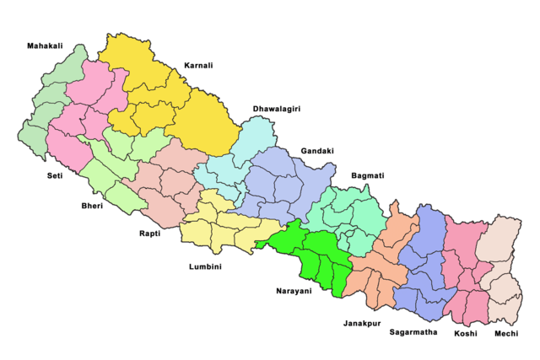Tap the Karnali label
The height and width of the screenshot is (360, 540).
pyautogui.click(x=197, y=65)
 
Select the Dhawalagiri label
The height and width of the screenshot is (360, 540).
pyautogui.click(x=277, y=110)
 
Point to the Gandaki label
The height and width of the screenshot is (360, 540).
pyautogui.click(x=317, y=151)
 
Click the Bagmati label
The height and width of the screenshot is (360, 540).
pyautogui.click(x=367, y=175)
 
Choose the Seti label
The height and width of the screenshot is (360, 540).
pyautogui.click(x=55, y=176)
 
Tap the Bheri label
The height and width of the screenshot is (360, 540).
pyautogui.click(x=92, y=205)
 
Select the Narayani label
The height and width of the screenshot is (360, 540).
pyautogui.click(x=294, y=291)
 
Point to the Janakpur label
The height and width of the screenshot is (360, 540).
pyautogui.click(x=361, y=323)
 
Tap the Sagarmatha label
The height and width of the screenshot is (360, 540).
pyautogui.click(x=413, y=332)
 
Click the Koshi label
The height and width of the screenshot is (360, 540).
pyautogui.click(x=465, y=333)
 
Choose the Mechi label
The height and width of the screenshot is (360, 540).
pyautogui.click(x=507, y=333)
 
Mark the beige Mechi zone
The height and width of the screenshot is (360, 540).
pyautogui.click(x=502, y=261)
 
